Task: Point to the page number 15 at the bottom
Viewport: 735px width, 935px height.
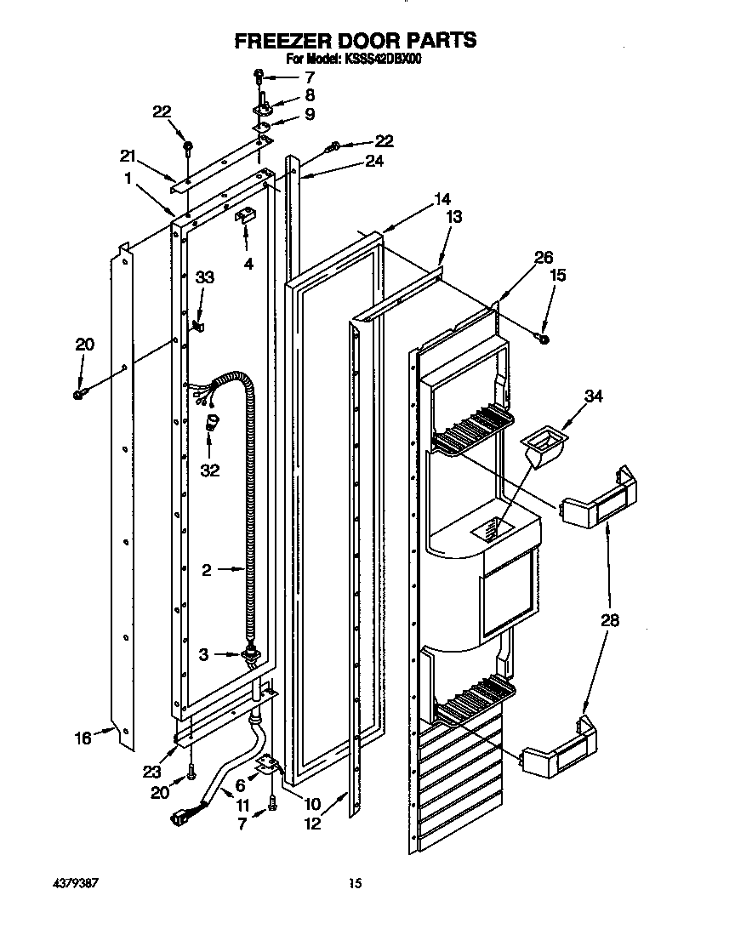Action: click(356, 884)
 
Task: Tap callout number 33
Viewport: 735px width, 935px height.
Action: click(204, 277)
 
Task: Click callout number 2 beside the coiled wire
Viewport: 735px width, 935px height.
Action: click(207, 571)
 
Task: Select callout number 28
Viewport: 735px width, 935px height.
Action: click(609, 620)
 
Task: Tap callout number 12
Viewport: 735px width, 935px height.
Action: click(313, 823)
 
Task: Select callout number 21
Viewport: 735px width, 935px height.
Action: click(128, 155)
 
